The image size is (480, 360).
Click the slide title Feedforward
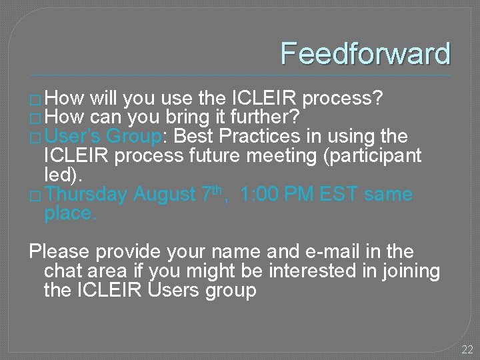(x=365, y=54)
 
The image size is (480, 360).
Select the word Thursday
(x=87, y=195)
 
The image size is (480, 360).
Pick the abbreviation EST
(x=339, y=195)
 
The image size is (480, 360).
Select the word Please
(x=59, y=252)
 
